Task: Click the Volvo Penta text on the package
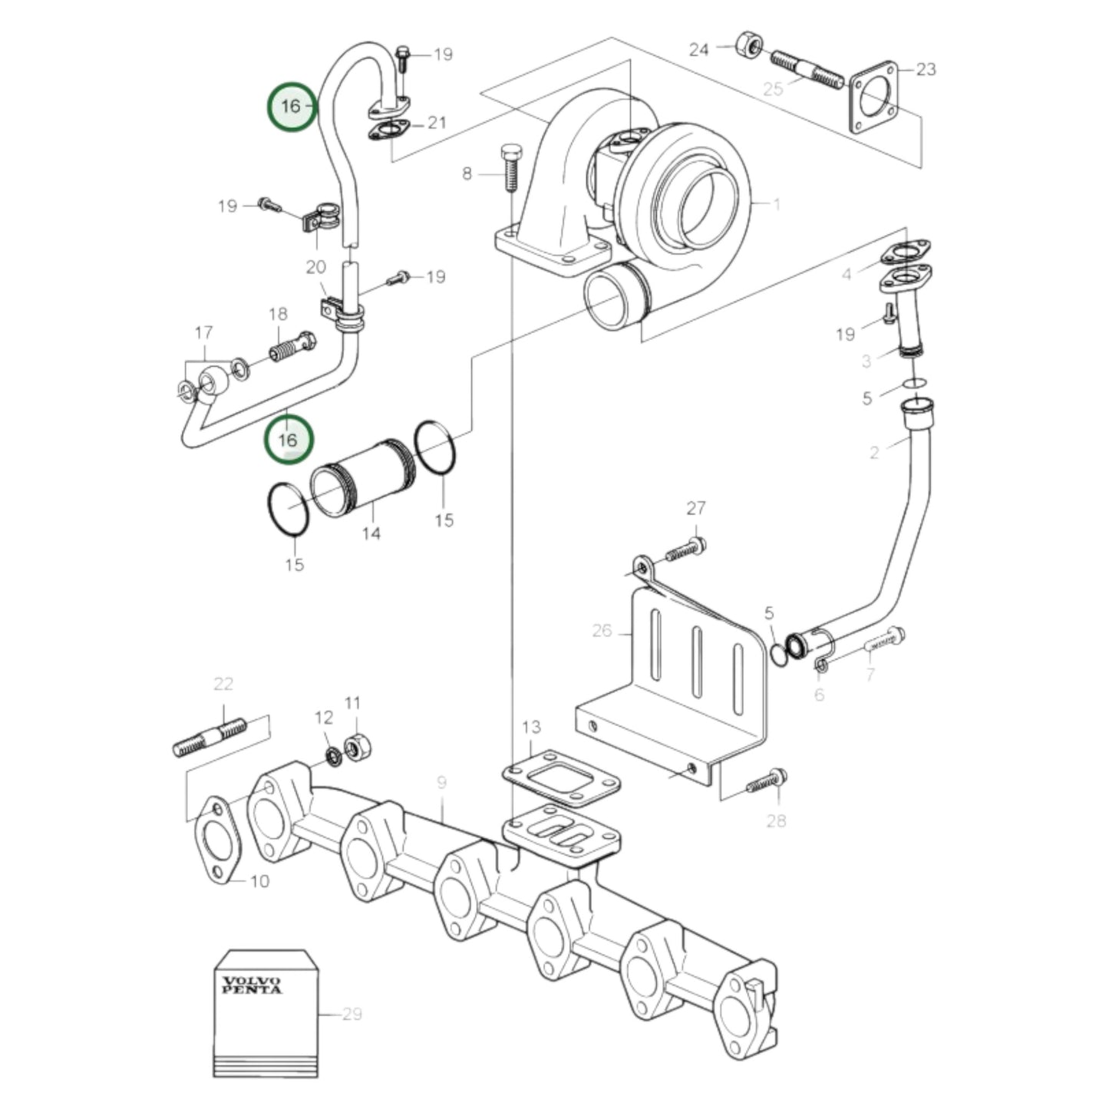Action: (252, 985)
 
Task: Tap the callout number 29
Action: (352, 1014)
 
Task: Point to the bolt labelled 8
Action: (510, 167)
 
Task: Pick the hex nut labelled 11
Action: (355, 746)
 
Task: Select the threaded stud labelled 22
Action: (210, 737)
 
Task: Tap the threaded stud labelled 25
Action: (805, 68)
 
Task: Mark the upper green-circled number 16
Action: (291, 106)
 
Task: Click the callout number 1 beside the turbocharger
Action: (777, 204)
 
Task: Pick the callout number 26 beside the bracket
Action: (602, 631)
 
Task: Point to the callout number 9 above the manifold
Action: (441, 783)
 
